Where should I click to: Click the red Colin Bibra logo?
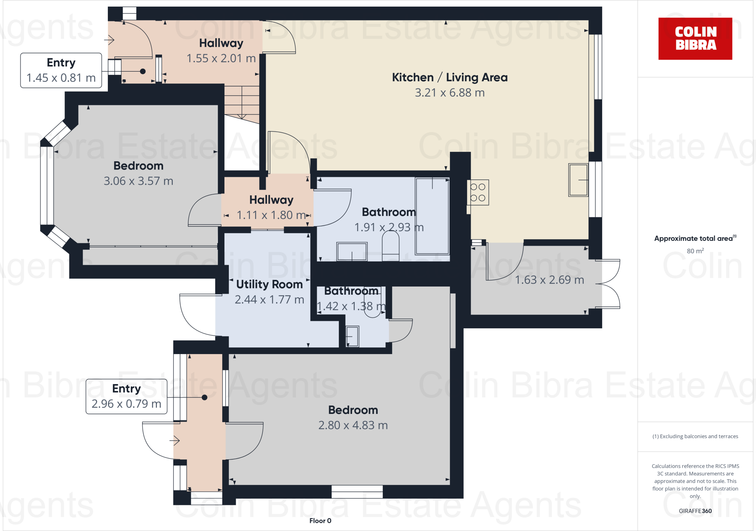[695, 38]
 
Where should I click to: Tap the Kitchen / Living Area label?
[450, 78]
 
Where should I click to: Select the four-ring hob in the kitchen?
[478, 192]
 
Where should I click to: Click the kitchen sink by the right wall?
[578, 180]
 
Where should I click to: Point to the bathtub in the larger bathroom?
[432, 216]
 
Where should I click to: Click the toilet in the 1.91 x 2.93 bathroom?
[391, 246]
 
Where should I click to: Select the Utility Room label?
[269, 284]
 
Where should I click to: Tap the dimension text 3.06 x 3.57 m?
[138, 181]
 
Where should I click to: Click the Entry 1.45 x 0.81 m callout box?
[61, 70]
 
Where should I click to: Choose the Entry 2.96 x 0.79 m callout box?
[126, 396]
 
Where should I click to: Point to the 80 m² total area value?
[695, 251]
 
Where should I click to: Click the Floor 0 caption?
[320, 521]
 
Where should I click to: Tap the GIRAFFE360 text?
[695, 511]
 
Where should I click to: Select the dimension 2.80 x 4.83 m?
[353, 425]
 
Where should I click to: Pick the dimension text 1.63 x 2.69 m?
[549, 280]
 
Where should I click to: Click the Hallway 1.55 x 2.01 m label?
[221, 51]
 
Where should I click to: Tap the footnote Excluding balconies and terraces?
[695, 436]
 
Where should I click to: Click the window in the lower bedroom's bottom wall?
[357, 491]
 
